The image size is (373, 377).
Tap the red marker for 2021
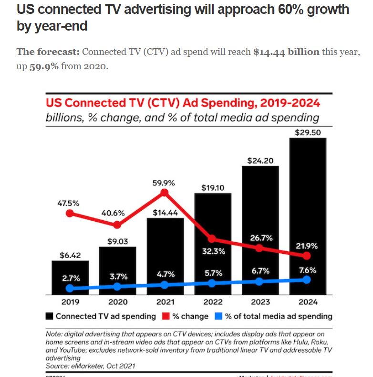[165, 193]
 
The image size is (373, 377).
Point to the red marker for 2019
[70, 213]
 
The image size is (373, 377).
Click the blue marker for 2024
[307, 280]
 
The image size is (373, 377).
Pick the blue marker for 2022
[212, 283]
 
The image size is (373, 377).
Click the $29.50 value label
[308, 132]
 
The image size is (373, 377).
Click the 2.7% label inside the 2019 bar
[70, 278]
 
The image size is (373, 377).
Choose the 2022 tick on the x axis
[212, 302]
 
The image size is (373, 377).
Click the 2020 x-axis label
[117, 302]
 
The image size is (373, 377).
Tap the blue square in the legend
[218, 316]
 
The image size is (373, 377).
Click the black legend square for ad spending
[49, 316]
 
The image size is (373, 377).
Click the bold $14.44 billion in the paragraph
[286, 52]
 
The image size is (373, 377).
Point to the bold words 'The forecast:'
[48, 52]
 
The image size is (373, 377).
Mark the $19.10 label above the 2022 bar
[212, 187]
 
